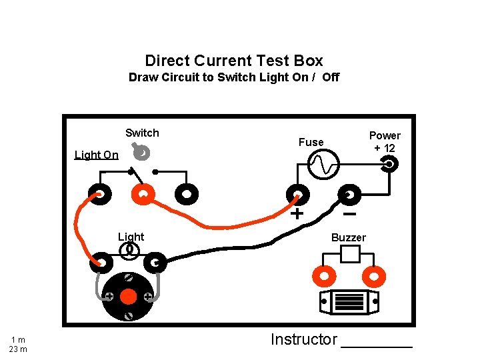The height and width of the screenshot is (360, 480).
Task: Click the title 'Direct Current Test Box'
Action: pyautogui.click(x=233, y=61)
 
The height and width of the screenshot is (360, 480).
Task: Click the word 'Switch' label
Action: pyautogui.click(x=142, y=133)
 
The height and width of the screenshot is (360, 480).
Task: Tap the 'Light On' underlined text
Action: pyautogui.click(x=96, y=155)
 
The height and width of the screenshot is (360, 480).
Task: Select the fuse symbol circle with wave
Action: pyautogui.click(x=324, y=163)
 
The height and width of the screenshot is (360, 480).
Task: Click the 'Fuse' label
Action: pyautogui.click(x=311, y=142)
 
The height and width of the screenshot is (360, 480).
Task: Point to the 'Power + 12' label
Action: pyautogui.click(x=385, y=142)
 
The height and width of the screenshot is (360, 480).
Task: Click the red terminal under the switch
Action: pyautogui.click(x=143, y=194)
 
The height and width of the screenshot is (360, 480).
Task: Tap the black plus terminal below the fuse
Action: pyautogui.click(x=297, y=195)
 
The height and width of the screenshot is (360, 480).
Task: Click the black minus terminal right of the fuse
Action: pyautogui.click(x=349, y=195)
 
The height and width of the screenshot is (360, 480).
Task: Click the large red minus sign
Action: pyautogui.click(x=349, y=215)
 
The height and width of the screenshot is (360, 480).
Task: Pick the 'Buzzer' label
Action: pyautogui.click(x=349, y=238)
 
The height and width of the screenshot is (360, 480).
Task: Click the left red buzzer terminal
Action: pyautogui.click(x=324, y=275)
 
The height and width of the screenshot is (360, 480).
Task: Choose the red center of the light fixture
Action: pyautogui.click(x=129, y=295)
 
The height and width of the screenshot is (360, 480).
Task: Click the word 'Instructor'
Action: pyautogui.click(x=304, y=339)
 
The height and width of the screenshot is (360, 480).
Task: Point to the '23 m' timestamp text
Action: pyautogui.click(x=18, y=349)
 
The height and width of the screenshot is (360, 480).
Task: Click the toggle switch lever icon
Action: pyautogui.click(x=141, y=153)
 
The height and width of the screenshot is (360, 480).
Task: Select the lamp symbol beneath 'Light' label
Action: pyautogui.click(x=130, y=251)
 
